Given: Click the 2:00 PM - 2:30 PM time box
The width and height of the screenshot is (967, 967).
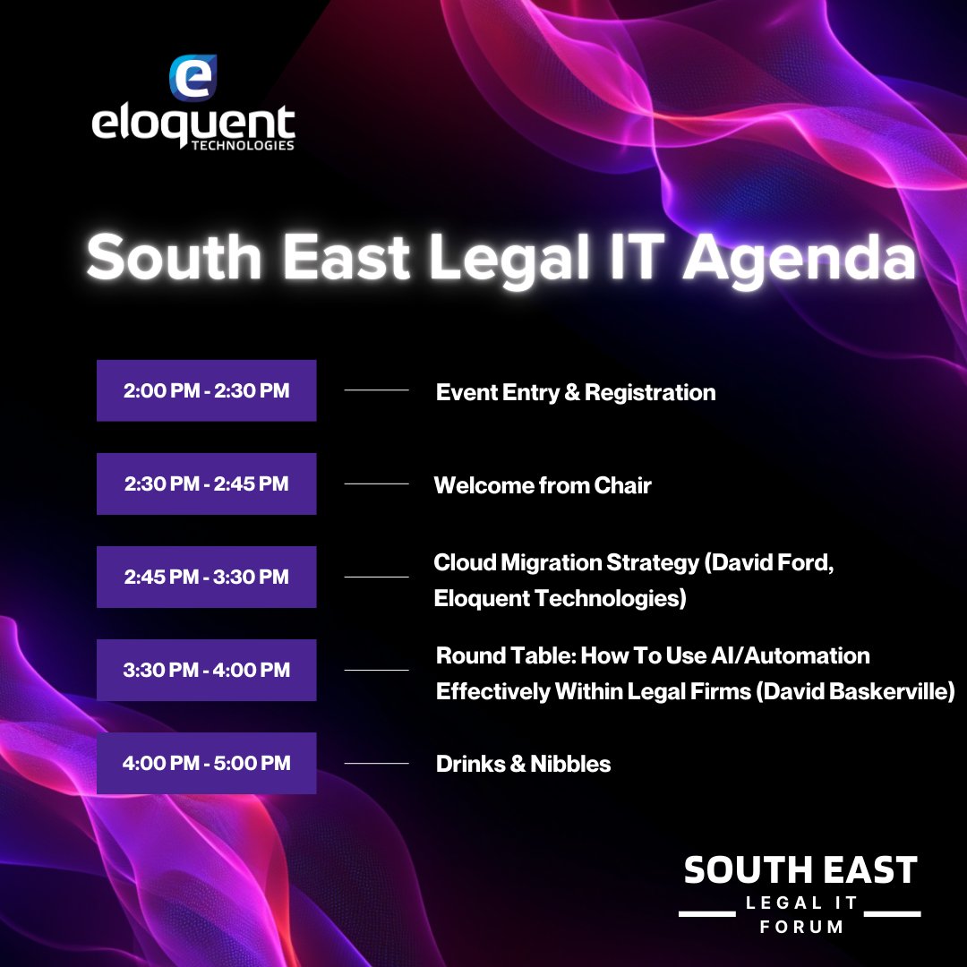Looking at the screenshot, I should coord(206,390).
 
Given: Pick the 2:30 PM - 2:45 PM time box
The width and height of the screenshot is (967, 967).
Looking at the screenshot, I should coord(206,483).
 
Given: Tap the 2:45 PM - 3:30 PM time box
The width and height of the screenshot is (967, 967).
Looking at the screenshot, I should coord(206,577).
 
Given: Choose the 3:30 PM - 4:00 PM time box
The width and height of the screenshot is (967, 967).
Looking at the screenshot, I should coord(206,670).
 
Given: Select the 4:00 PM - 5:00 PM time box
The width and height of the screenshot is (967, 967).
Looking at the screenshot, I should coord(206,763).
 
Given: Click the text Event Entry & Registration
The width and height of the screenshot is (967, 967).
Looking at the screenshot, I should coord(576,392).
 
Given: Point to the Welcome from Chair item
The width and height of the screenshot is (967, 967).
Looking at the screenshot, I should coord(543,485).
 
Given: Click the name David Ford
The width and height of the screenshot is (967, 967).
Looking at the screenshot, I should coord(775,564).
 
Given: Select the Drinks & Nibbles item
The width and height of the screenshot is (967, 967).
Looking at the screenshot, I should coord(523,764).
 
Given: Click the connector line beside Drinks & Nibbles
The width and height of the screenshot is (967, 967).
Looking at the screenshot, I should coord(376,763).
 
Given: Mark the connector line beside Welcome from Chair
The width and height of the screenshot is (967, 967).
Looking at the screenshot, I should coord(376,483).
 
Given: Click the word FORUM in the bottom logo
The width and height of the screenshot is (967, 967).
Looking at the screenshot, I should coord(801,927).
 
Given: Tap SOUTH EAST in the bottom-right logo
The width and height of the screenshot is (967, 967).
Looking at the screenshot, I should coord(800,870).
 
